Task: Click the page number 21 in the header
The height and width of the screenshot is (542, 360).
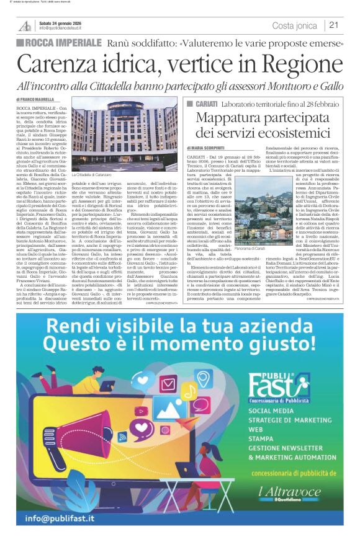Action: (x=333, y=25)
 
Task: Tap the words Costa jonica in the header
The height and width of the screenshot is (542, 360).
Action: (x=295, y=25)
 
